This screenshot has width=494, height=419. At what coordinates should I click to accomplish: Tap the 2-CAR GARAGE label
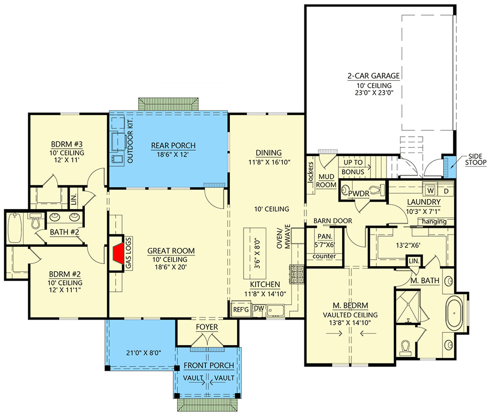pos(373,75)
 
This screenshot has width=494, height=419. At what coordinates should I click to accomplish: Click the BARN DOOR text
pos(332,221)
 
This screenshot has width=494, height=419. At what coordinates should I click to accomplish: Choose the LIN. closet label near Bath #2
pos(73,199)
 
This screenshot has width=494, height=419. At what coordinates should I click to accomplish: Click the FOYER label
pos(208,327)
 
